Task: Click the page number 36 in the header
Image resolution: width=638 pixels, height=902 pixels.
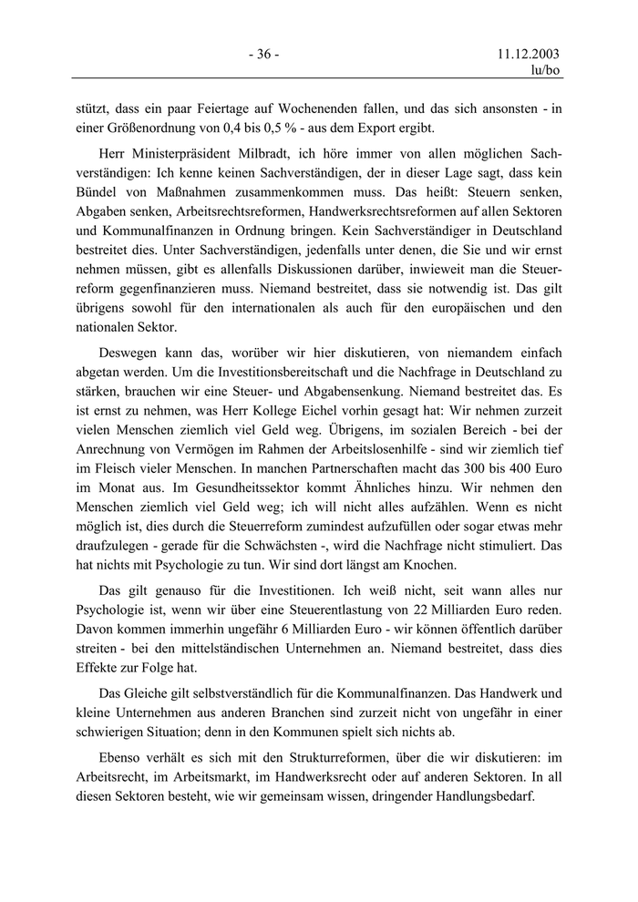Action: (x=263, y=54)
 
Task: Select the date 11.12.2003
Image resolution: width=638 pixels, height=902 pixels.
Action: (x=529, y=54)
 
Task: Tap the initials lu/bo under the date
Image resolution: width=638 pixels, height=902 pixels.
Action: (x=545, y=70)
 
